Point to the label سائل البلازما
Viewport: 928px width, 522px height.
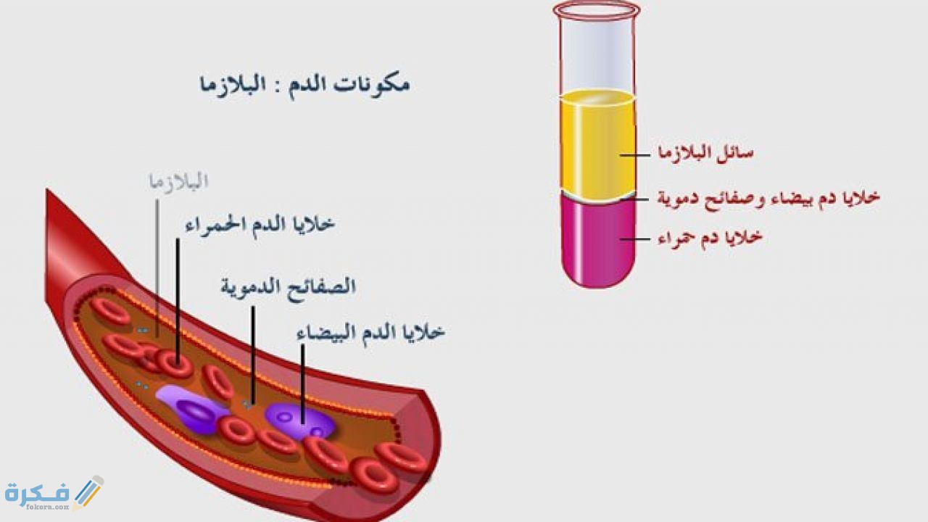click(x=705, y=153)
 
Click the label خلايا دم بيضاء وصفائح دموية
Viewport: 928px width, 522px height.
click(x=768, y=197)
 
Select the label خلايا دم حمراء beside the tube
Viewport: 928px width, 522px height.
click(x=710, y=237)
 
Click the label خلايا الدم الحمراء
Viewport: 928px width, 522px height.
click(x=260, y=224)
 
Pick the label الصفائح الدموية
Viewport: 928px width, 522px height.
click(x=288, y=286)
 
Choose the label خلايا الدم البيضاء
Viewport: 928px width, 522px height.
click(x=370, y=333)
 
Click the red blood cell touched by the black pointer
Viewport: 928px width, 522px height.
click(x=176, y=363)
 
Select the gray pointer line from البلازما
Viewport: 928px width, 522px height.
click(x=157, y=261)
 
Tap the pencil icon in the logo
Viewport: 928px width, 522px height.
click(x=88, y=491)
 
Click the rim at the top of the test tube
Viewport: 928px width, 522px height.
click(x=597, y=9)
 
